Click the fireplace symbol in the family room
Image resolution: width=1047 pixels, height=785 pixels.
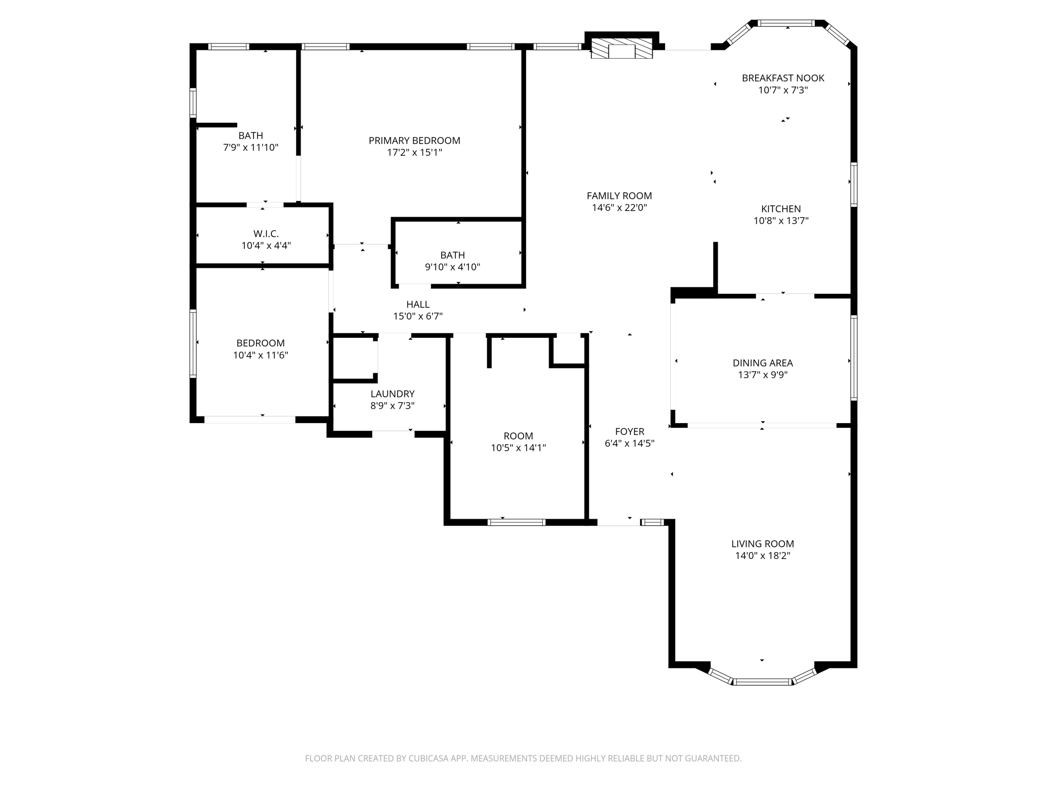coord(622,51)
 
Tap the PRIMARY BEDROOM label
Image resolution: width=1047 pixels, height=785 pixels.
coord(414,141)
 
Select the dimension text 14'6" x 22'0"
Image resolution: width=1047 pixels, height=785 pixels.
coord(619,208)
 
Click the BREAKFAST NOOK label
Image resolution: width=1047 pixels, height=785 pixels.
coord(783,78)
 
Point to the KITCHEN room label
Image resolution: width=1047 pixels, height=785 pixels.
coord(781,209)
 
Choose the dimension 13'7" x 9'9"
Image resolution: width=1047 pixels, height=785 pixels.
coord(762,375)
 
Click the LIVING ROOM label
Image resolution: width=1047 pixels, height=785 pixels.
coord(762,544)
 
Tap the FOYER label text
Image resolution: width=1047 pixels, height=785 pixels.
coord(629,432)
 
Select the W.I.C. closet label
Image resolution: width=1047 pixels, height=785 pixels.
coord(266,234)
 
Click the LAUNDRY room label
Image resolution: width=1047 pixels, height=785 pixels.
coord(392,394)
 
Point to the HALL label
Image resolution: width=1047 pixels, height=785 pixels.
coord(418,305)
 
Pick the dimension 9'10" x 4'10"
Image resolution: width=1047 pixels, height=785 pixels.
coord(452,267)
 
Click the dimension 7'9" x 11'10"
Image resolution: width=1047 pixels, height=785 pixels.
coord(251,148)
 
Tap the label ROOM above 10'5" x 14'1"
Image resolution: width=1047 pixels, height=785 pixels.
coord(518,436)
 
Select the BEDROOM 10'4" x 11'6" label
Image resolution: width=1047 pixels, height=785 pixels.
coord(260,343)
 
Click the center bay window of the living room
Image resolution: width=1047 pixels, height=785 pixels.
coord(762,681)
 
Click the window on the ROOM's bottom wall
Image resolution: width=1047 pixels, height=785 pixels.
coord(516,522)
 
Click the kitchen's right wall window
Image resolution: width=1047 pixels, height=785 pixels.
coord(853,184)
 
